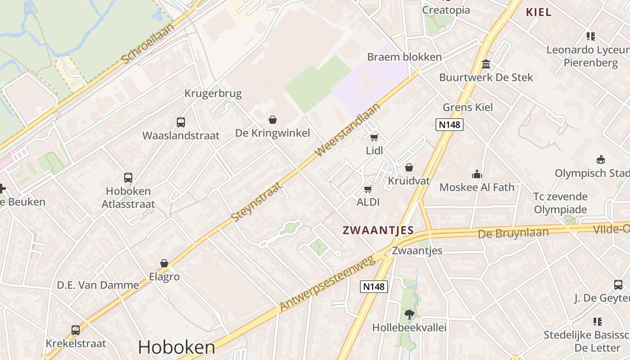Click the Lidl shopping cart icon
tap(374, 138)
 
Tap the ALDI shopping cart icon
tap(368, 189)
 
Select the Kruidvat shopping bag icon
tap(409, 168)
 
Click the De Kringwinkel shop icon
tap(272, 120)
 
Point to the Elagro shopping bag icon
tap(164, 263)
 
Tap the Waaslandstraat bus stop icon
tap(180, 122)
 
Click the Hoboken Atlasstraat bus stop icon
tap(128, 178)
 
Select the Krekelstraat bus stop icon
tap(76, 330)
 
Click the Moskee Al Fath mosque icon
tap(477, 174)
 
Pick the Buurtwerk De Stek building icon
tap(486, 64)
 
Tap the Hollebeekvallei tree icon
tap(409, 314)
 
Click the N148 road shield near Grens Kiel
tap(449, 125)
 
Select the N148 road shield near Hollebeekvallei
tap(374, 286)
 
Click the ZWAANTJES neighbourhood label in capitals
tap(378, 230)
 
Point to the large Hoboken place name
tap(176, 347)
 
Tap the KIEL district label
tap(539, 12)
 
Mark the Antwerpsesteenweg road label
tap(327, 284)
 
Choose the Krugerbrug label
tap(213, 94)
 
